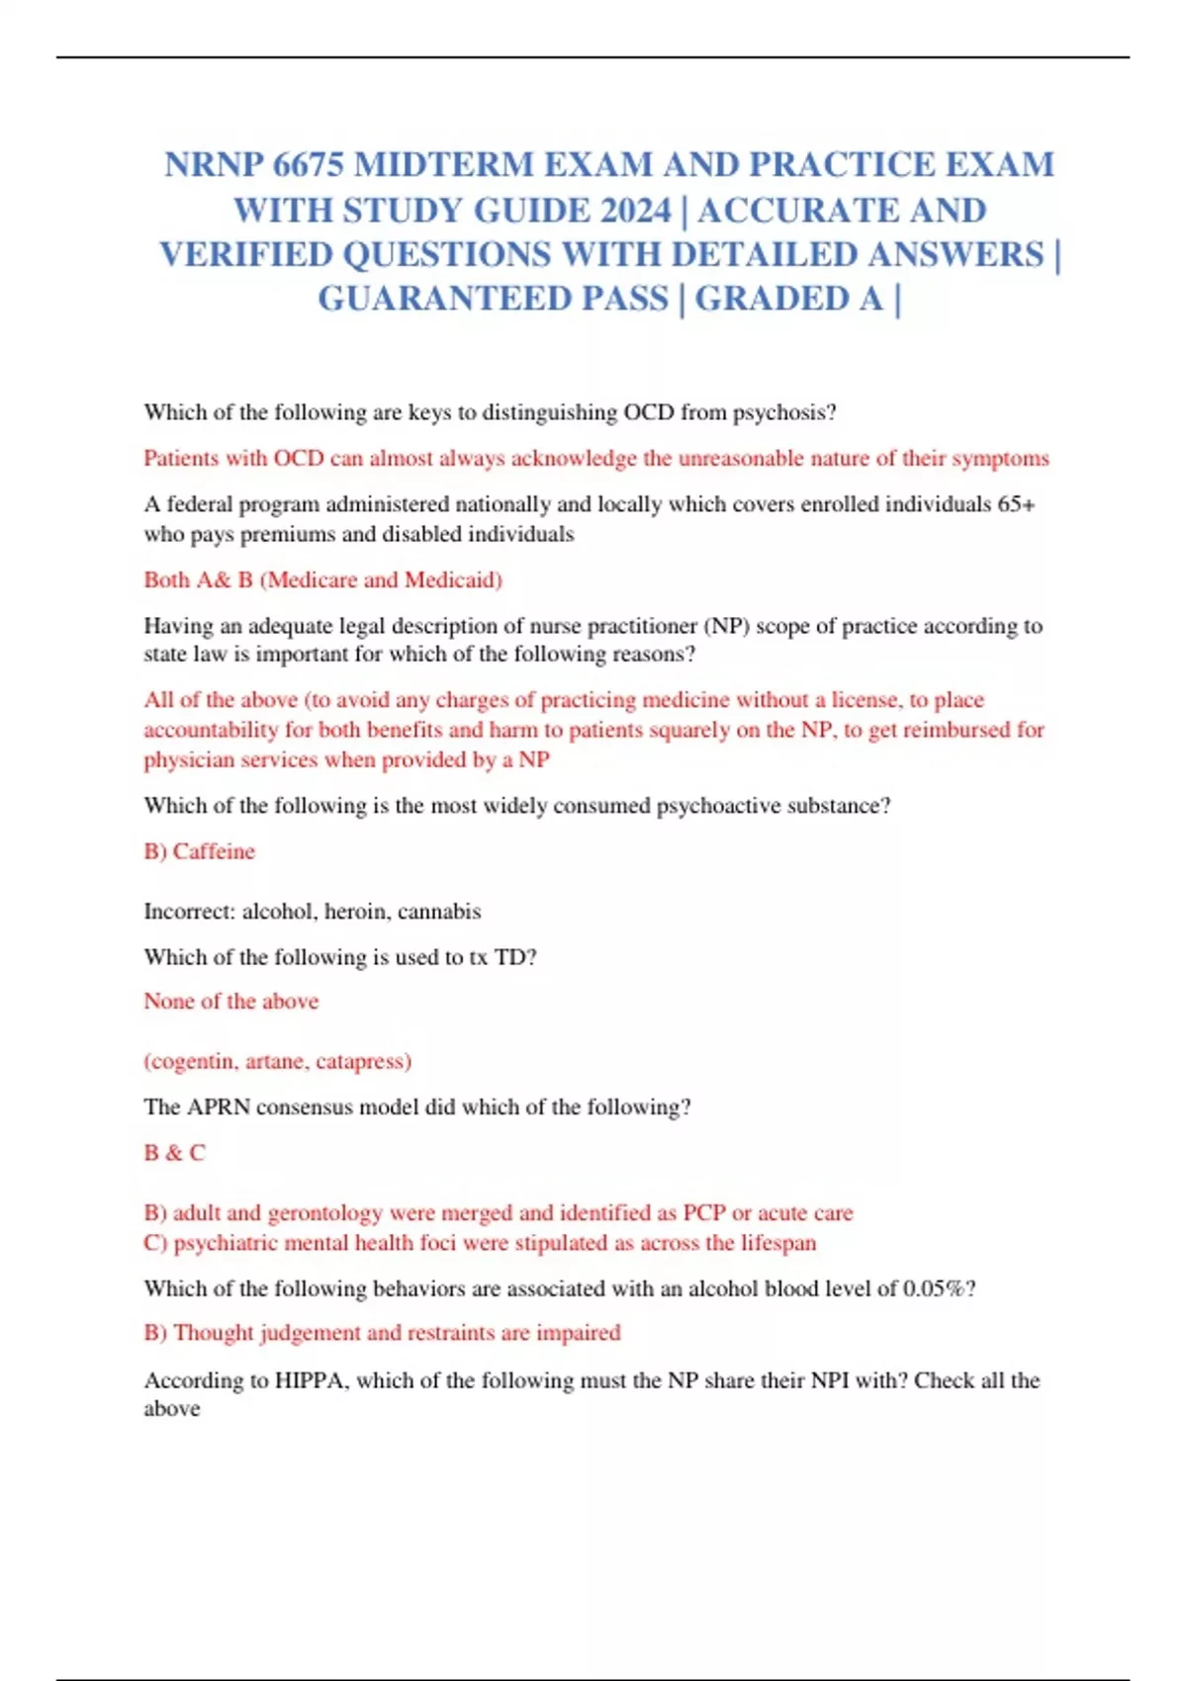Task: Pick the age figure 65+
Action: [1016, 504]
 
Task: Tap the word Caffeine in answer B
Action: [214, 851]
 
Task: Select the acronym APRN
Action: [218, 1106]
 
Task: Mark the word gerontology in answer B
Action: [324, 1213]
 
